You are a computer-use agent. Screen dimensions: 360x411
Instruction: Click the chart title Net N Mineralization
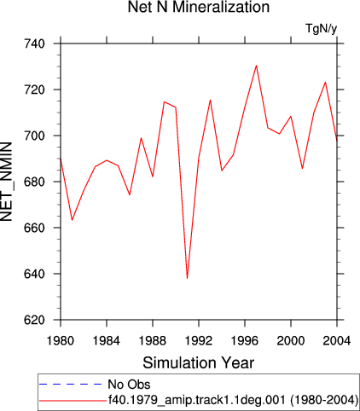[199, 7]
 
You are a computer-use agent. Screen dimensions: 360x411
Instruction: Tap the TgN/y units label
[322, 28]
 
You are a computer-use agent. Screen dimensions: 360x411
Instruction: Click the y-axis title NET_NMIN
[6, 182]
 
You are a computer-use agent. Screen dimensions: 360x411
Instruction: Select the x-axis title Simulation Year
[199, 362]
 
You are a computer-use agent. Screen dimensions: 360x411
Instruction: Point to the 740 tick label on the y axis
[35, 43]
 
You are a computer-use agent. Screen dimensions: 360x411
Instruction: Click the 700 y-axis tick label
[35, 136]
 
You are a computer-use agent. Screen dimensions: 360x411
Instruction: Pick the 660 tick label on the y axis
[35, 228]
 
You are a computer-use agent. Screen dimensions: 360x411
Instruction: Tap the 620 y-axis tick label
[35, 320]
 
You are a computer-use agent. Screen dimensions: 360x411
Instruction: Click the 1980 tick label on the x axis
[61, 340]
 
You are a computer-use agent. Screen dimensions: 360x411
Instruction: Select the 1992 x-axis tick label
[199, 340]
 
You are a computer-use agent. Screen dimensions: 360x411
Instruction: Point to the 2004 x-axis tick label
[337, 340]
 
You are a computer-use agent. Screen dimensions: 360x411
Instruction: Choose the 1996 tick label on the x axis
[245, 340]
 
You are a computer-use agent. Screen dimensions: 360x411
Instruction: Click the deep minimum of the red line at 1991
[187, 278]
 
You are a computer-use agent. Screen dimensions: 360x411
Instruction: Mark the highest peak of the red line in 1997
[256, 66]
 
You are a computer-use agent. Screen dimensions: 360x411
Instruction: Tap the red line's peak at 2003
[325, 83]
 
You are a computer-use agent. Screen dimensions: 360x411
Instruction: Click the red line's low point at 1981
[72, 220]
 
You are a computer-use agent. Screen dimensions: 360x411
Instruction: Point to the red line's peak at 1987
[141, 138]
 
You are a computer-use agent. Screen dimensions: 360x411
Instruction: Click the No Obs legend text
[129, 385]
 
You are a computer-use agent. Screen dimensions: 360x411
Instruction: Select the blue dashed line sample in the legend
[70, 385]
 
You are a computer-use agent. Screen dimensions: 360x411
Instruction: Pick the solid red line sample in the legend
[73, 401]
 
